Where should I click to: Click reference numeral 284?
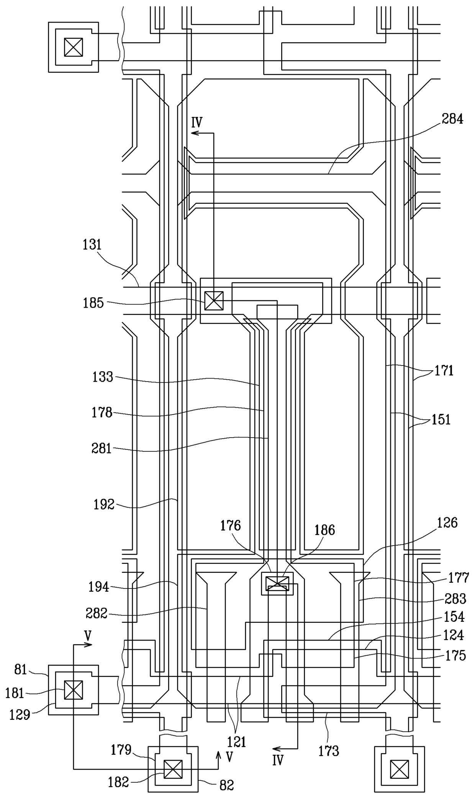[452, 119]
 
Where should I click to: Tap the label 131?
[92, 244]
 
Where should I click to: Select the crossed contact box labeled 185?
[213, 301]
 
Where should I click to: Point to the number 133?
[103, 377]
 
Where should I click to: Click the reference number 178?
[102, 413]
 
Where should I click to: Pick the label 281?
[102, 448]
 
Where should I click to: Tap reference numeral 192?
[104, 505]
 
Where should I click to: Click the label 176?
[230, 526]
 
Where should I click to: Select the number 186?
[324, 530]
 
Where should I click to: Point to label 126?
[447, 523]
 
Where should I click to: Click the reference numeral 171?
[444, 371]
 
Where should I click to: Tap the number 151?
[441, 419]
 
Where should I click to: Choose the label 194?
[99, 587]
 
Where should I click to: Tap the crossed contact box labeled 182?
[173, 769]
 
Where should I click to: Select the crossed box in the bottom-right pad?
[399, 769]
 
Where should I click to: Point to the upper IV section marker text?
[197, 123]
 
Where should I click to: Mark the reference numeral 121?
[237, 742]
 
